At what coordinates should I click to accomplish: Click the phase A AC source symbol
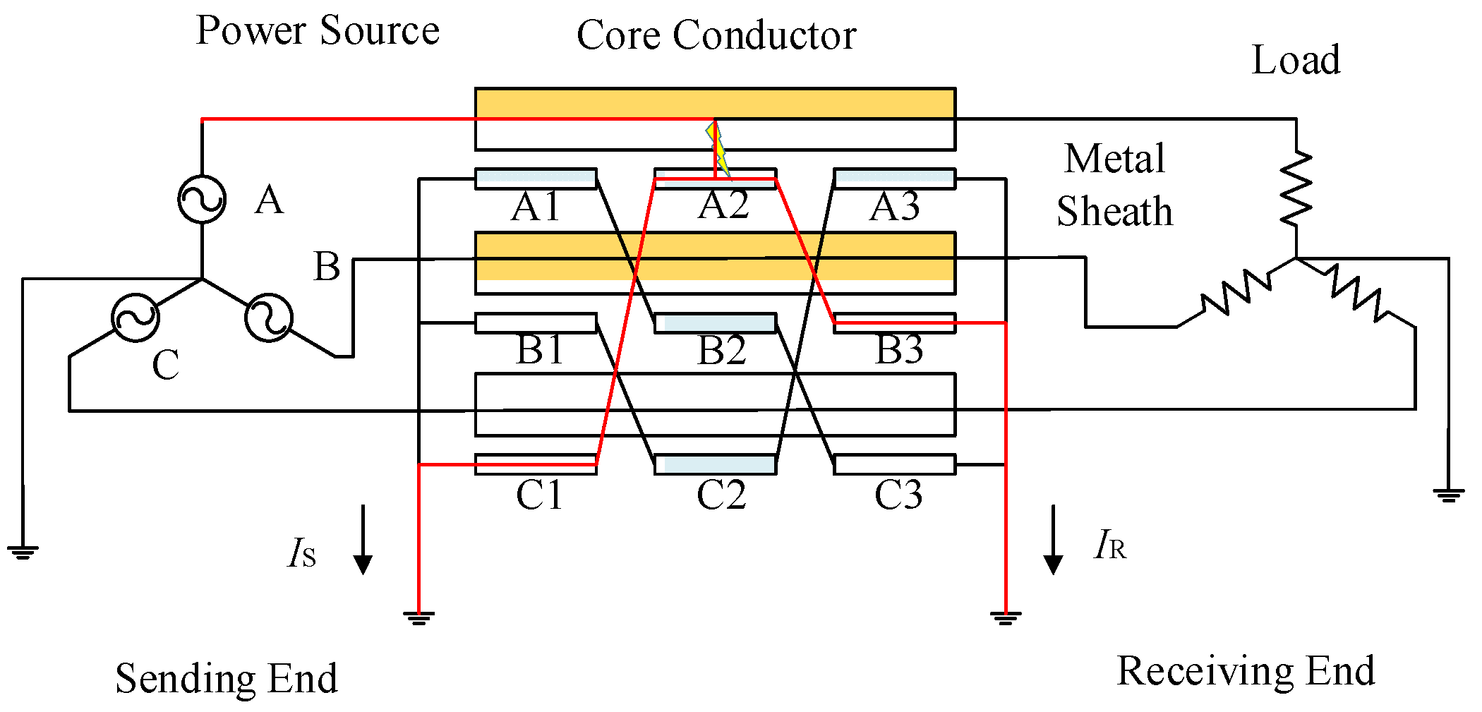pyautogui.click(x=202, y=200)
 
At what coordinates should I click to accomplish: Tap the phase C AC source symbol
pyautogui.click(x=135, y=318)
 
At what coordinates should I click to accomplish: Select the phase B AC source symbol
pyautogui.click(x=269, y=318)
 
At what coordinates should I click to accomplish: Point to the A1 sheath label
pyautogui.click(x=536, y=207)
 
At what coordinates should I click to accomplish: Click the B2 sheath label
pyautogui.click(x=721, y=350)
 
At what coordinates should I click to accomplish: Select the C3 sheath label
pyautogui.click(x=898, y=495)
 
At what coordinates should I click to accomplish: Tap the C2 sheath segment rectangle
pyautogui.click(x=716, y=464)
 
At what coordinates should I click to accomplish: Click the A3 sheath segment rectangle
pyautogui.click(x=895, y=179)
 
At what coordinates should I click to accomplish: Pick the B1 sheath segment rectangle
pyautogui.click(x=536, y=323)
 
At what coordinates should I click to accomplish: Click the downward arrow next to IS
pyautogui.click(x=363, y=540)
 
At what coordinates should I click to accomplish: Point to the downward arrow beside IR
pyautogui.click(x=1053, y=540)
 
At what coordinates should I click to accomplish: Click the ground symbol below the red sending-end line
pyautogui.click(x=418, y=619)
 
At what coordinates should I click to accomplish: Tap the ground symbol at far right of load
pyautogui.click(x=1448, y=495)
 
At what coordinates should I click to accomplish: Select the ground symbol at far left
pyautogui.click(x=23, y=552)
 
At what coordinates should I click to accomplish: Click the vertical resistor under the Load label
pyautogui.click(x=1296, y=188)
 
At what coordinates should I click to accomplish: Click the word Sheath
pyautogui.click(x=1114, y=211)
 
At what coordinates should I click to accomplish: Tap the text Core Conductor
pyautogui.click(x=716, y=35)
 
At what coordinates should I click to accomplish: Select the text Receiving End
pyautogui.click(x=1246, y=670)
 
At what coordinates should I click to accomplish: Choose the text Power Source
pyautogui.click(x=318, y=30)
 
